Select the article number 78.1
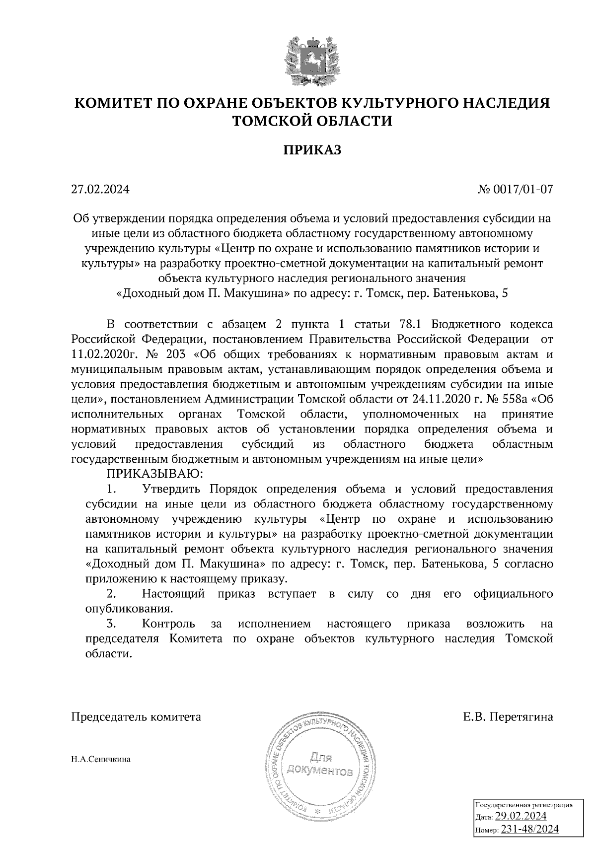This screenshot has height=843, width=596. (411, 325)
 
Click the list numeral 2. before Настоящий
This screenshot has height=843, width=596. (112, 594)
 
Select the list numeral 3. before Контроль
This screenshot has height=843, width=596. (112, 624)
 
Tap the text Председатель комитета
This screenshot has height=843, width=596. (137, 717)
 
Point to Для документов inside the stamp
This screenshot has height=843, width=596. (321, 765)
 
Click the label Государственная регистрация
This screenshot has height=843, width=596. (524, 805)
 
